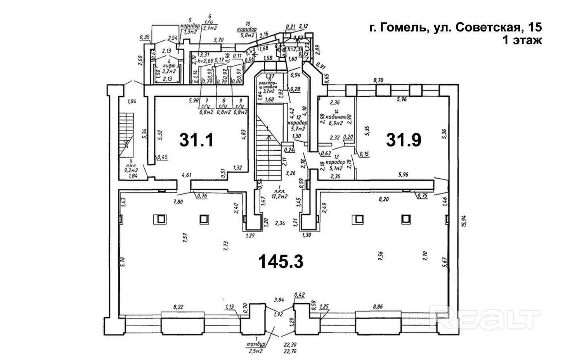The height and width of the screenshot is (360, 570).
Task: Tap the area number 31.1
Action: [196, 140]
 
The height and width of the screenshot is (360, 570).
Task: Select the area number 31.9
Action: [404, 140]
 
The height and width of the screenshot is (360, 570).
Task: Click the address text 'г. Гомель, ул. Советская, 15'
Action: [455, 28]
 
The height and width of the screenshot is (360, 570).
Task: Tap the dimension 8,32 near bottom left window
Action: [178, 307]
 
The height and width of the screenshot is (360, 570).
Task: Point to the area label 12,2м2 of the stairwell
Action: [279, 196]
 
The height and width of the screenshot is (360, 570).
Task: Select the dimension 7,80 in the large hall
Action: [178, 202]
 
